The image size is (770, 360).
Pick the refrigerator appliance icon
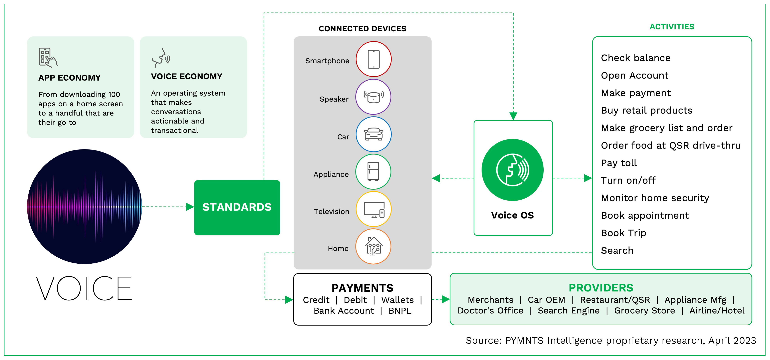coord(373,172)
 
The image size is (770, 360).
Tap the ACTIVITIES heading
coord(672,27)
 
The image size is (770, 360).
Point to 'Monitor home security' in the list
coord(655,198)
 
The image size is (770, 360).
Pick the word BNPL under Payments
coord(400,311)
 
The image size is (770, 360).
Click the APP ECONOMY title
coord(69,78)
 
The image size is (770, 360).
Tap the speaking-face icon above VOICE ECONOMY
coord(161,57)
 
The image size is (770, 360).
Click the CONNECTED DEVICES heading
coord(362,29)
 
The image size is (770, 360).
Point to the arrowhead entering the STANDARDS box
coord(190,207)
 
